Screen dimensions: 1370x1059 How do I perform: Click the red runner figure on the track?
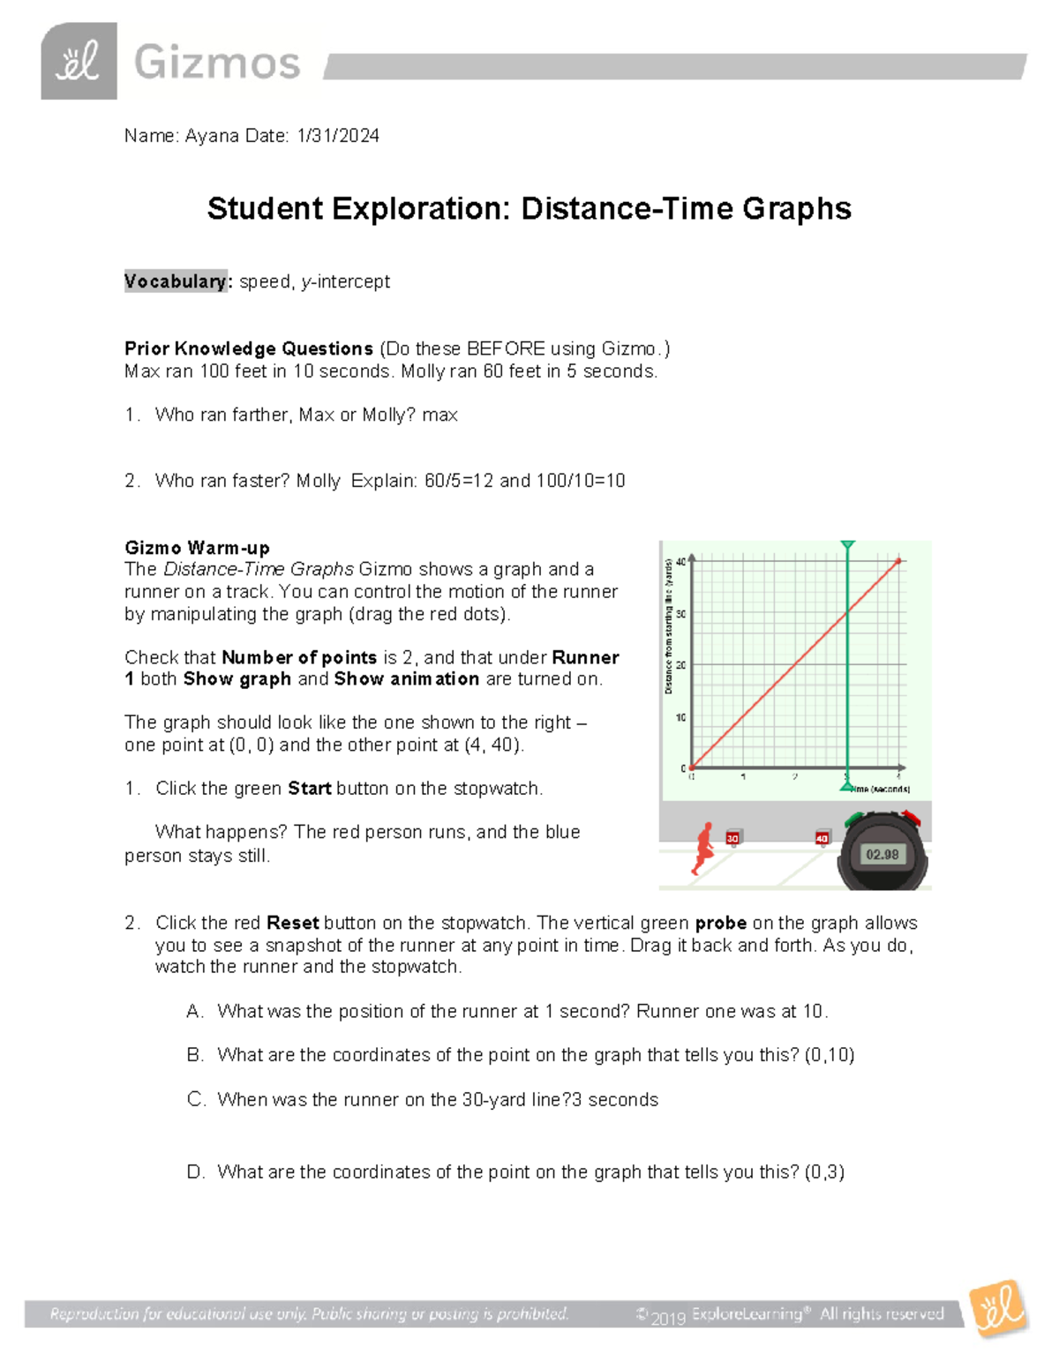[703, 849]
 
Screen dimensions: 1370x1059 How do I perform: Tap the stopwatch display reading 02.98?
[882, 854]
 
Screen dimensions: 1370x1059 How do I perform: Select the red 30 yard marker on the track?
[732, 838]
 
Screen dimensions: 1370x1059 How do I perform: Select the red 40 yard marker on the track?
[822, 838]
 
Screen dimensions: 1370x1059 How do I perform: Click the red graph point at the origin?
[692, 767]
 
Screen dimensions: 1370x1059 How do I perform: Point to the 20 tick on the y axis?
[681, 665]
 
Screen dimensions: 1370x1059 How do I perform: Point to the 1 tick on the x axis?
[743, 777]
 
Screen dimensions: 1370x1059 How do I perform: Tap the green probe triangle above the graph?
[847, 546]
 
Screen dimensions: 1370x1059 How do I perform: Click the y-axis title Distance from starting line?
[669, 626]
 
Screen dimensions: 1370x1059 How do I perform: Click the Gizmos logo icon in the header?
[79, 61]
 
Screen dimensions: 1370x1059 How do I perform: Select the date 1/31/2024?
[338, 136]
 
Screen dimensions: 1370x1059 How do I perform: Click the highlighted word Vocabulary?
[175, 281]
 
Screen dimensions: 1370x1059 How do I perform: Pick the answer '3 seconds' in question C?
[616, 1100]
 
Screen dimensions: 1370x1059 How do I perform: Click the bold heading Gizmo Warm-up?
[197, 548]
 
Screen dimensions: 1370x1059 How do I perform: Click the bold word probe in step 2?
[720, 924]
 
